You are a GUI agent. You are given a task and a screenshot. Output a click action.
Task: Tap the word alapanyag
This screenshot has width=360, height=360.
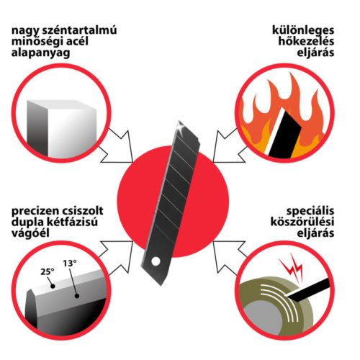[41, 53]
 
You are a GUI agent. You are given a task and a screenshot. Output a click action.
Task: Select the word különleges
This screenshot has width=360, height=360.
[303, 31]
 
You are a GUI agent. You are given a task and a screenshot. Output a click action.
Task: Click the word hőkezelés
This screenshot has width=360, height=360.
[306, 41]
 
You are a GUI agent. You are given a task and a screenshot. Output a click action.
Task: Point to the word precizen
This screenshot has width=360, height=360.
[35, 212]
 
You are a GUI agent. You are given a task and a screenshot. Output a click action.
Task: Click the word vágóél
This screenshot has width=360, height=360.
[30, 233]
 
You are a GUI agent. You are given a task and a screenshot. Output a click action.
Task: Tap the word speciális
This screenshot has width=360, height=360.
[310, 212]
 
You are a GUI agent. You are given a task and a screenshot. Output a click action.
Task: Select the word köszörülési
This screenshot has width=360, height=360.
[302, 222]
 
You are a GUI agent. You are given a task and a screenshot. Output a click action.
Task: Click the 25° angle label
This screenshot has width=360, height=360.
[48, 272]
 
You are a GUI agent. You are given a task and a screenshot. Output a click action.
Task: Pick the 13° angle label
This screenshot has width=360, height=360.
[70, 264]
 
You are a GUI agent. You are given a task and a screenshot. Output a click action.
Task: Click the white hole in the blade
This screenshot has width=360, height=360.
[156, 261]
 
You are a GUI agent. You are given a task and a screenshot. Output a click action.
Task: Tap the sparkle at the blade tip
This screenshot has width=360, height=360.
[179, 127]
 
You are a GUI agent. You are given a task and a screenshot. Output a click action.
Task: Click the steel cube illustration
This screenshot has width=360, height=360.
[62, 128]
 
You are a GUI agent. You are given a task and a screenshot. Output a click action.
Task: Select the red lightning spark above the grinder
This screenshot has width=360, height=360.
[292, 268]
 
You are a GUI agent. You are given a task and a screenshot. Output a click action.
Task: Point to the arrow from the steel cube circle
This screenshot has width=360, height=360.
[117, 146]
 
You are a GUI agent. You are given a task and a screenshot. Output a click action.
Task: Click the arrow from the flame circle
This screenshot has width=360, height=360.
[229, 146]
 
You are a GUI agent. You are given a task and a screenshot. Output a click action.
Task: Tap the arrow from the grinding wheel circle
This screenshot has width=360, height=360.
[229, 257]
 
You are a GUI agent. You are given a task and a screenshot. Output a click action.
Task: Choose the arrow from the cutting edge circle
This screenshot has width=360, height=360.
[117, 257]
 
